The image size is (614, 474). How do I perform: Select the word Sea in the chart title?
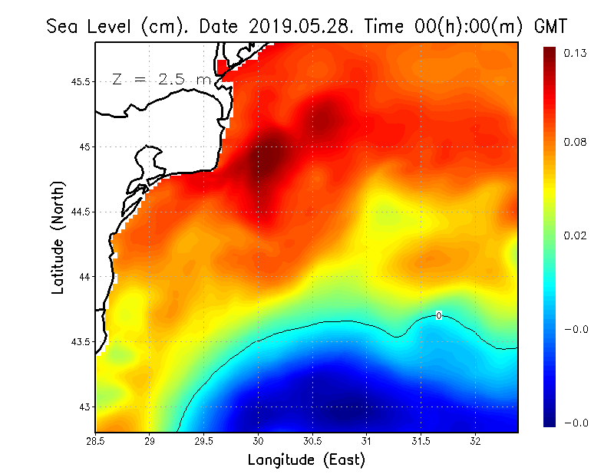64,26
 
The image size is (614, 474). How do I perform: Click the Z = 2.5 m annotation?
160,79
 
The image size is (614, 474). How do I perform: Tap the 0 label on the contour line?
438,315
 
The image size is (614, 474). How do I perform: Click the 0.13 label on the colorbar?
576,53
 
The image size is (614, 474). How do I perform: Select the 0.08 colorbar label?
576,142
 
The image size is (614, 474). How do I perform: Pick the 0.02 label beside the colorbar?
576,235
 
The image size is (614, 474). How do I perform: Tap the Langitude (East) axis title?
306,460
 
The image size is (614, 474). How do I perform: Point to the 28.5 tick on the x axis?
96,441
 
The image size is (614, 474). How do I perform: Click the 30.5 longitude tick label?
312,441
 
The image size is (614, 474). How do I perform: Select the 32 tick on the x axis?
475,441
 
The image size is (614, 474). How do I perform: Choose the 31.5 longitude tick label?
421,441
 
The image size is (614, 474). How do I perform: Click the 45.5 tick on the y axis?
81,81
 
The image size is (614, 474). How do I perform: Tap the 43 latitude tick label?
84,407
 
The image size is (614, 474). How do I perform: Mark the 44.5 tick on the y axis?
81,212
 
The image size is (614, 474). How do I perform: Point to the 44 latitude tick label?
84,276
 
